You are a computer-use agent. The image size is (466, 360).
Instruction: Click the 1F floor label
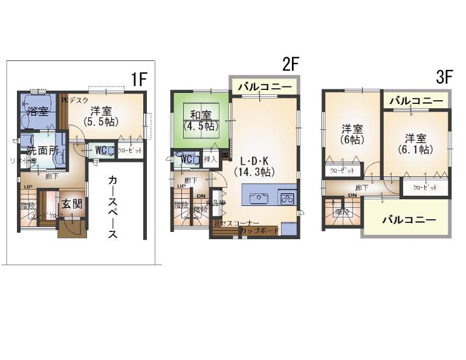point(139,79)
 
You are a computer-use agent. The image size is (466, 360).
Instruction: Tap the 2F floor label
point(291,64)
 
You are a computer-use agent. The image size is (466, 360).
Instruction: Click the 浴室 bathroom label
point(37,111)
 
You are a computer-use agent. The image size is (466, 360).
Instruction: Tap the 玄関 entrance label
point(71,204)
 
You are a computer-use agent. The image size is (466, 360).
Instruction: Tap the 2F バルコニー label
point(264,87)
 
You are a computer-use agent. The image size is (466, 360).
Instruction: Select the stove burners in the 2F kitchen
point(287,198)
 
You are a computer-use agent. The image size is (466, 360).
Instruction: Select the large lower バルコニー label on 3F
point(409,220)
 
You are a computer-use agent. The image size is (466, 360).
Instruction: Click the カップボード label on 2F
point(259,231)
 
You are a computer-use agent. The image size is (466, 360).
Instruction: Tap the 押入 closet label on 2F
point(210,159)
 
